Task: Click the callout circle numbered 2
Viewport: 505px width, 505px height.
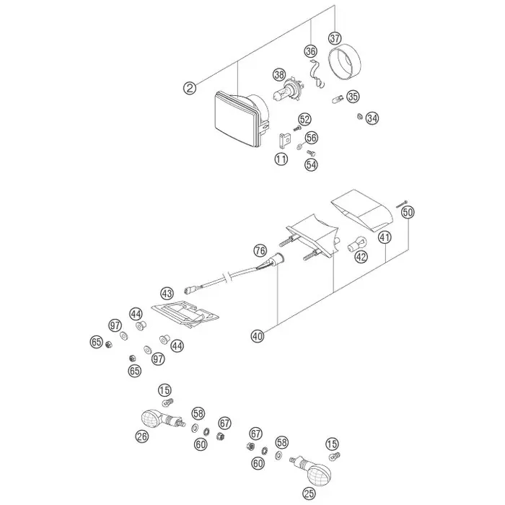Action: tap(190, 88)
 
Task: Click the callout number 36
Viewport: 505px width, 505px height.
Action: tap(311, 51)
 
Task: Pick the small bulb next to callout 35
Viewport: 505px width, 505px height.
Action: tap(337, 100)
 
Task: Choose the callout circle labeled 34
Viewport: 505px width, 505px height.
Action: tap(372, 118)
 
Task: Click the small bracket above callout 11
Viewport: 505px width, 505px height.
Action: tap(284, 140)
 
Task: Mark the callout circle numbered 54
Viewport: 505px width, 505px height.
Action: tap(311, 164)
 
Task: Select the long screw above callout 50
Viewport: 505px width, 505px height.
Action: tap(401, 203)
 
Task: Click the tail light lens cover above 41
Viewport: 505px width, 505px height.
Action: tap(362, 211)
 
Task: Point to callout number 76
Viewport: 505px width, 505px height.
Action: tap(260, 250)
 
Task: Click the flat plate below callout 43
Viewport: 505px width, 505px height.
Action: tap(185, 315)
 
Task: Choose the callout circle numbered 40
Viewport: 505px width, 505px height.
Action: tap(258, 336)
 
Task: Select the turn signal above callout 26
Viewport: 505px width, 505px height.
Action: tap(163, 418)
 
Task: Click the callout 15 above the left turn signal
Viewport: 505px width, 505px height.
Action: tap(164, 390)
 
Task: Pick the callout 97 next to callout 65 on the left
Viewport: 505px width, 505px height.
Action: tap(115, 325)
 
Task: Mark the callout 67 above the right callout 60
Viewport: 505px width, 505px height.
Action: tap(255, 434)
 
